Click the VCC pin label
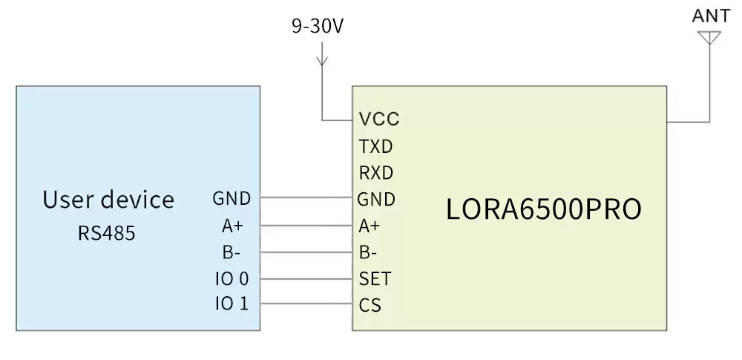378,119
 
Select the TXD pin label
375,146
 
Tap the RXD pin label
375,173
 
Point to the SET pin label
375,279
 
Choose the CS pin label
370,305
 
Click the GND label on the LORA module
376,199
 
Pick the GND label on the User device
232,199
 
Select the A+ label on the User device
232,226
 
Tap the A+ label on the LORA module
370,226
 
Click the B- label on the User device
231,252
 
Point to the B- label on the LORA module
369,252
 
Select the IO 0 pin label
232,279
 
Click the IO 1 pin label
232,305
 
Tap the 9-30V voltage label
318,27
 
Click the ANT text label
709,16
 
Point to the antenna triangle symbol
709,37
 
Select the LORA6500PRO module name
543,210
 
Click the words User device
108,200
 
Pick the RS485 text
107,234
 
